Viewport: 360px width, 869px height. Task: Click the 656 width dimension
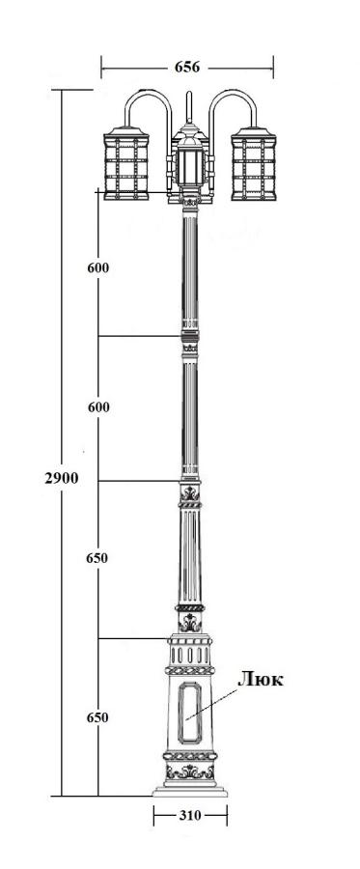[187, 67]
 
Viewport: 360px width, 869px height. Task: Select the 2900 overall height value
[62, 478]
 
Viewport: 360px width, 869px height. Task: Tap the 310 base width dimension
[190, 815]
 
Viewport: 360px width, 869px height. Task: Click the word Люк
[261, 680]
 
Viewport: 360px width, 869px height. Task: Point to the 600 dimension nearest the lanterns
[98, 267]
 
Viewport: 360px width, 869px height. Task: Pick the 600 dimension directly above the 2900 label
[98, 407]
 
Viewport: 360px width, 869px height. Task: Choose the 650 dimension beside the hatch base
[97, 717]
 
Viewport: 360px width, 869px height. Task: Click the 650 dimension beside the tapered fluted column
[97, 558]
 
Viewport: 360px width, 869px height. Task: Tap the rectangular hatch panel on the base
[190, 713]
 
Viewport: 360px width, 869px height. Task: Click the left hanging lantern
[126, 163]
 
